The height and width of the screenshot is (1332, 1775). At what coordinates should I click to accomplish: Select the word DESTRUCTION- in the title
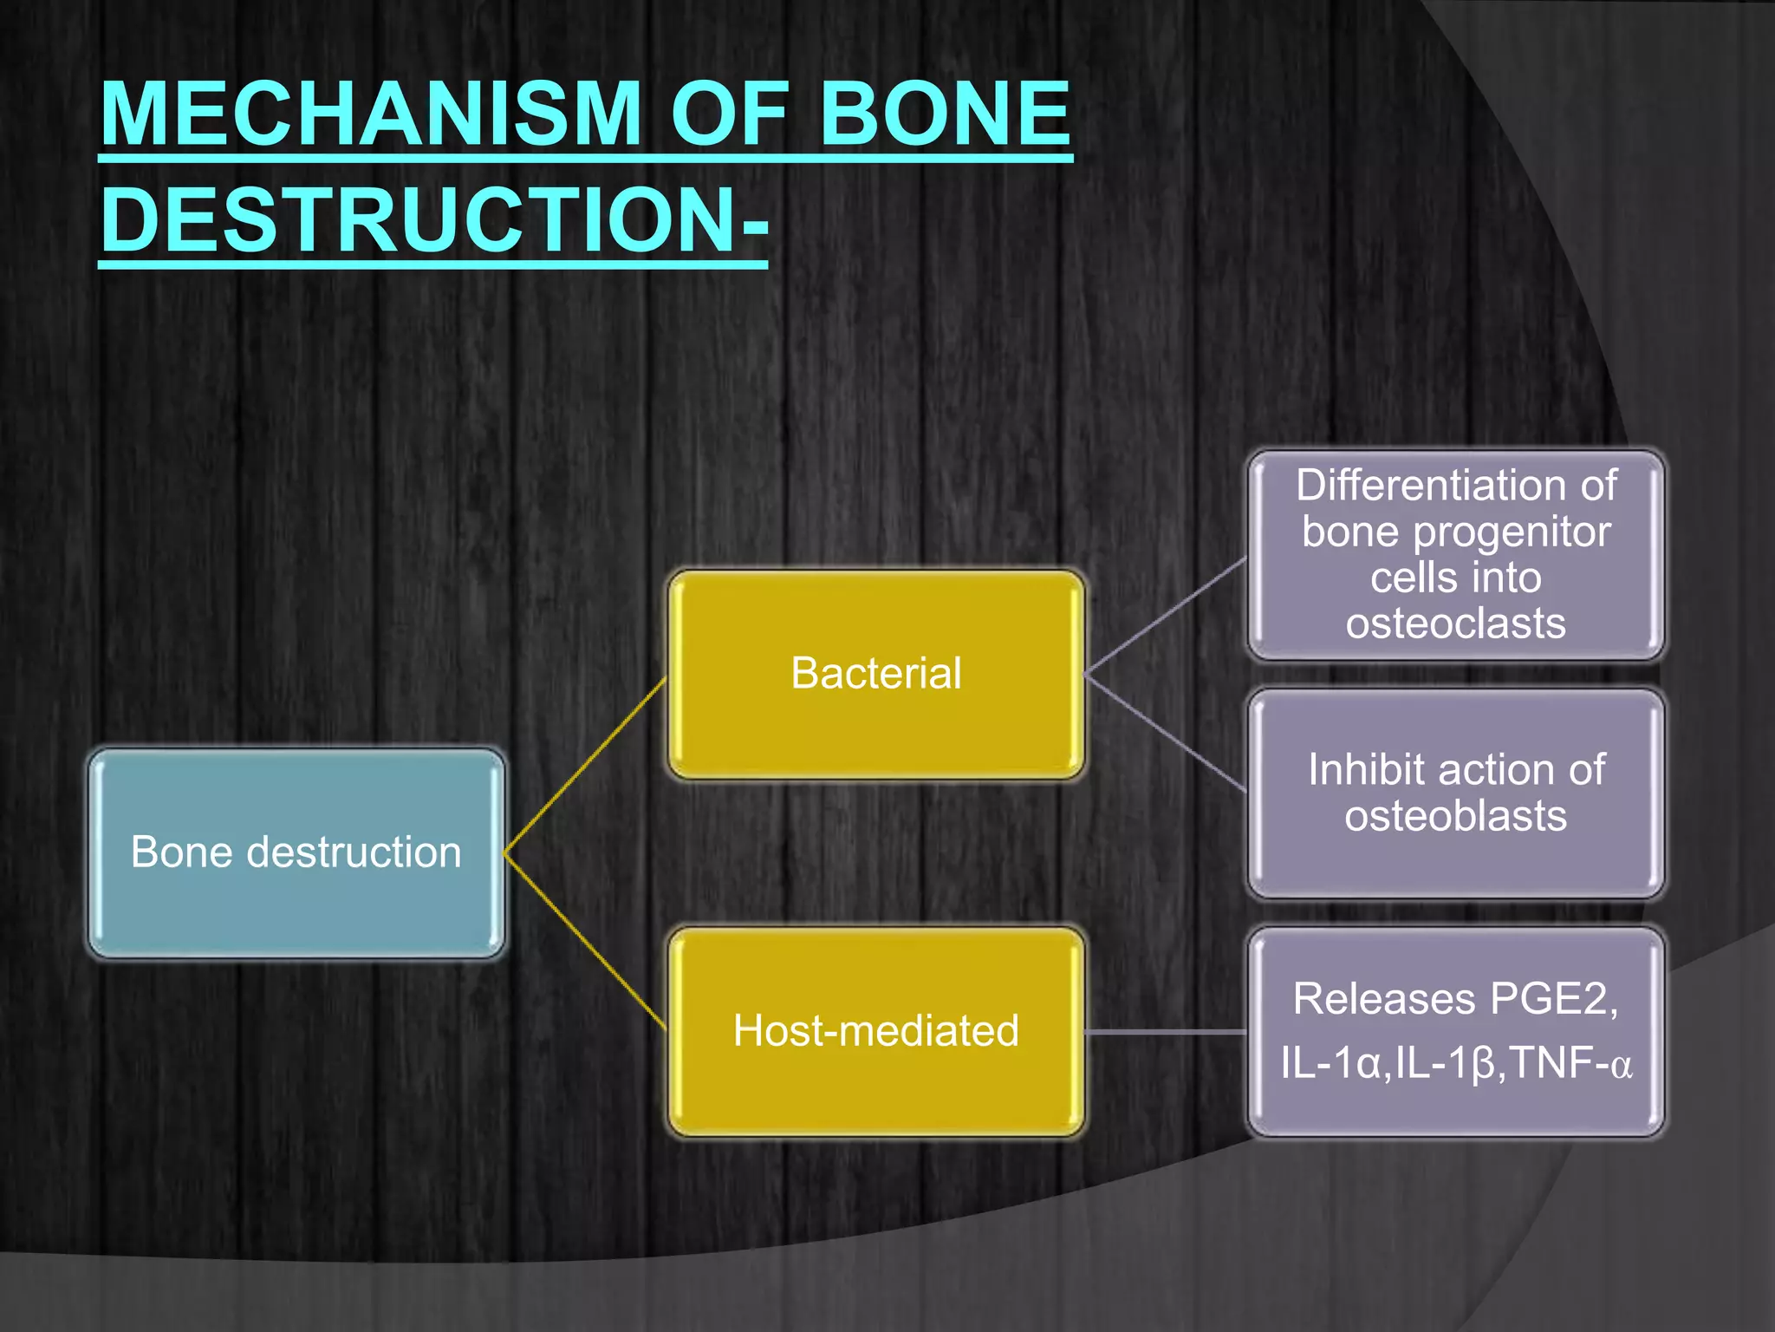click(433, 220)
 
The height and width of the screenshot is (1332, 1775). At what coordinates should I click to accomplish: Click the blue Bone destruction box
click(296, 852)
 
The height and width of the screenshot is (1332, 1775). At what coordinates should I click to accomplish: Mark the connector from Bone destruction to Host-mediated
click(585, 940)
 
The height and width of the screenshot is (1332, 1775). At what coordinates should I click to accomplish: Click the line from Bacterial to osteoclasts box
click(1166, 616)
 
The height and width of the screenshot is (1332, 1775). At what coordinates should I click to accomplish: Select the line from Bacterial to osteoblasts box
click(1166, 734)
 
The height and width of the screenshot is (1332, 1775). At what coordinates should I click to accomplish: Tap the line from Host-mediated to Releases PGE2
click(1166, 1032)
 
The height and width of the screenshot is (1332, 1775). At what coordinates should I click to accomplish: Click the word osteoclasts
click(1456, 624)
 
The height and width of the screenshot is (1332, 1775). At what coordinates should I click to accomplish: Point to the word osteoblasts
click(1456, 816)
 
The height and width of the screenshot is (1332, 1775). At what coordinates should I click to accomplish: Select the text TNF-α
click(1570, 1063)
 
